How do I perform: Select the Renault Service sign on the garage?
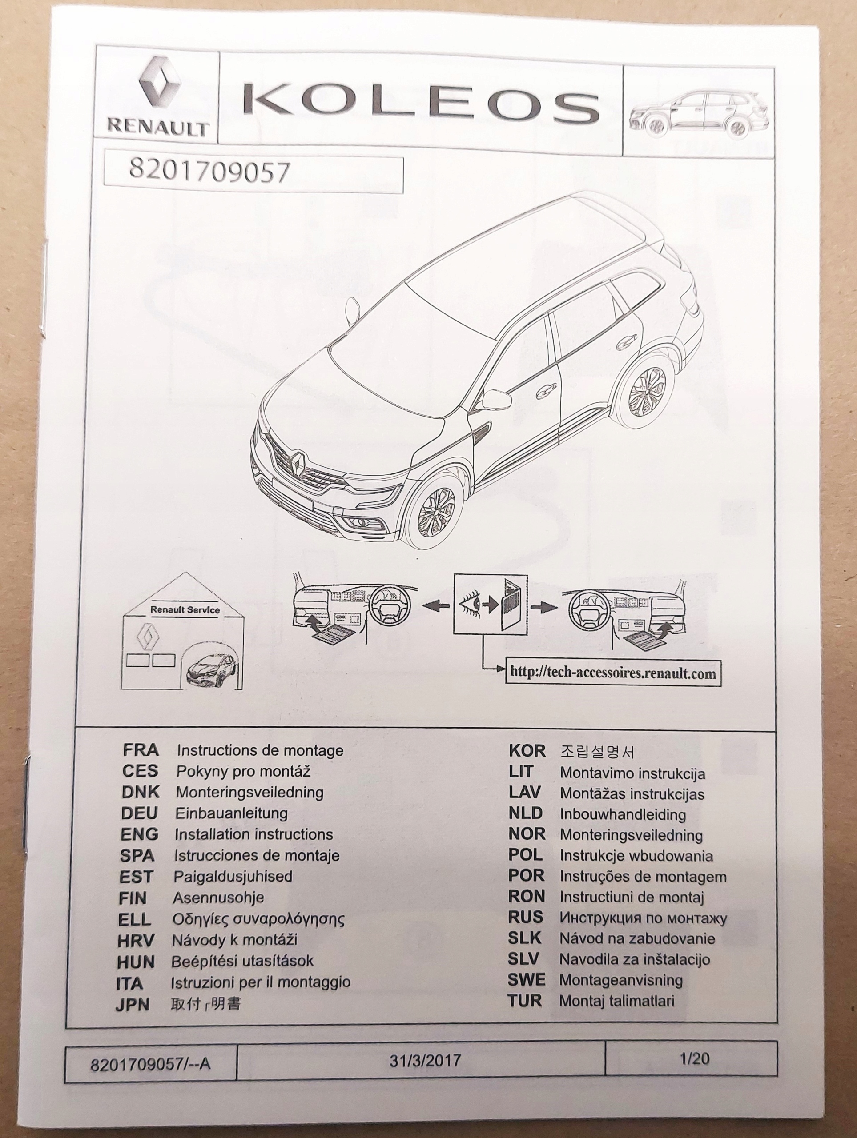185,609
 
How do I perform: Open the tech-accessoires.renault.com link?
612,673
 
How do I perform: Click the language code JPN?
133,1004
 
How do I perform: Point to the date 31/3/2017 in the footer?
425,1060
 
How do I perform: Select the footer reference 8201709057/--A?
150,1063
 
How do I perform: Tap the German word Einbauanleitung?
232,813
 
